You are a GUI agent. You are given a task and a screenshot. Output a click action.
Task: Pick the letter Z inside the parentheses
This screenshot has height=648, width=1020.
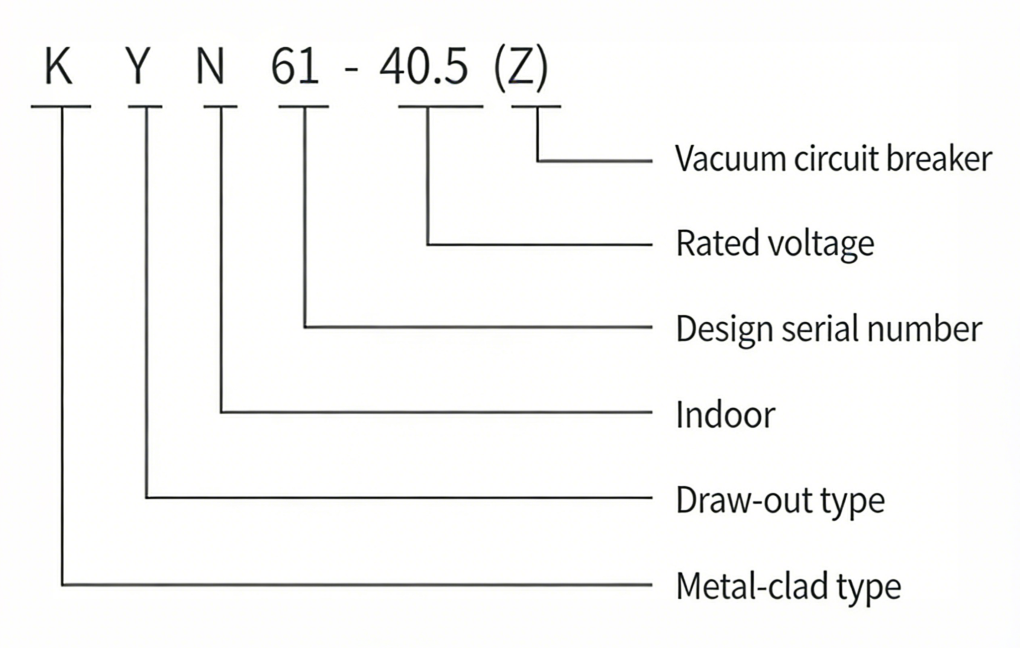(x=521, y=67)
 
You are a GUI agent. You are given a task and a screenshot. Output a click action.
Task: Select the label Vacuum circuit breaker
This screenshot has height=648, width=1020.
(x=833, y=159)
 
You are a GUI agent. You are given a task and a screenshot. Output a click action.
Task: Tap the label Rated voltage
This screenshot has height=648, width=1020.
(x=775, y=243)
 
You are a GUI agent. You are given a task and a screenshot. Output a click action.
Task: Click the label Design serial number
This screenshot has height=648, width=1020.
(x=829, y=329)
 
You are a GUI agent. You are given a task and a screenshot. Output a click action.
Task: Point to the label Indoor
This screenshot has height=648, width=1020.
(x=725, y=415)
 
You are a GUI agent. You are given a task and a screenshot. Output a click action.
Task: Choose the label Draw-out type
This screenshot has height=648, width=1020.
(x=780, y=500)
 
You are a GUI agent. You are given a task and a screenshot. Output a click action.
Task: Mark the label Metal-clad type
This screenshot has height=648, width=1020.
(x=788, y=586)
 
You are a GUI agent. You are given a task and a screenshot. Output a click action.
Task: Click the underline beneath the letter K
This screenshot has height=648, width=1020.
(x=61, y=107)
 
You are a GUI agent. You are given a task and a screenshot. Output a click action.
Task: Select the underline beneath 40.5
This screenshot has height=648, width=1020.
(x=441, y=107)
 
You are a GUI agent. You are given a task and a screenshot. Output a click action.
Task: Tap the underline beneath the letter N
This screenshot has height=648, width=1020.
(x=220, y=107)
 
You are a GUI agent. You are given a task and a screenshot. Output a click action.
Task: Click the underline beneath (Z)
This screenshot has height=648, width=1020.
(x=536, y=107)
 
